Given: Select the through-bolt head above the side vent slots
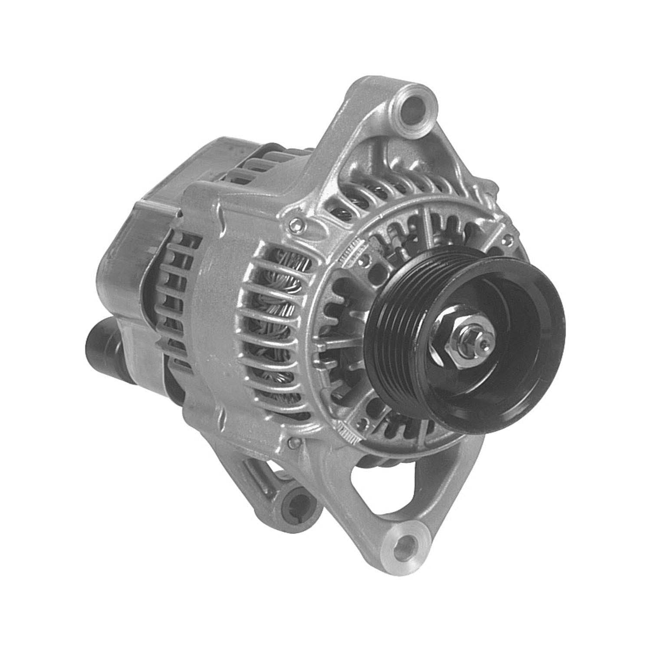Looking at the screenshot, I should point(296,224).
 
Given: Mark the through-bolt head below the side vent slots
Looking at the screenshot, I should point(295,443).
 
